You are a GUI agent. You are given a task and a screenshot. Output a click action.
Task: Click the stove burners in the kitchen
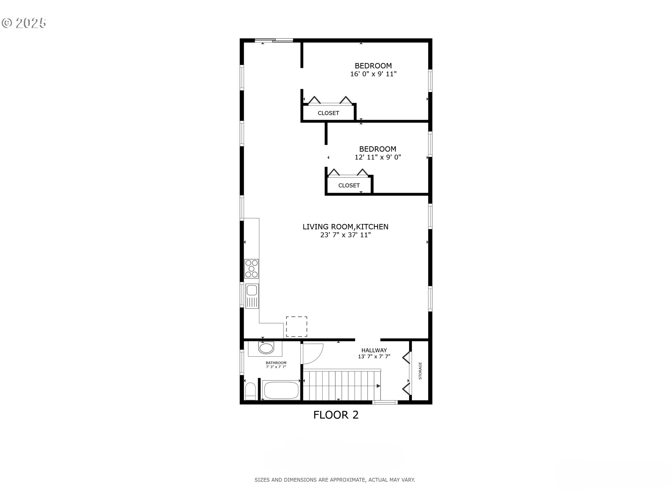[x=251, y=269]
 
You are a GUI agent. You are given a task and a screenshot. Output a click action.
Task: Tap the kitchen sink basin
[x=252, y=290]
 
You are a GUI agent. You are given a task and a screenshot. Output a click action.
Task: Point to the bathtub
[x=281, y=390]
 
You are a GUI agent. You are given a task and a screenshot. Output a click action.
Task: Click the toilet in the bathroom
[x=250, y=391]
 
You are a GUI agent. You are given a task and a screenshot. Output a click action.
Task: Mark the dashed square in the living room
[x=296, y=327]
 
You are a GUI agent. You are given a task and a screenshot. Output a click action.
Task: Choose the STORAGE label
[x=420, y=371]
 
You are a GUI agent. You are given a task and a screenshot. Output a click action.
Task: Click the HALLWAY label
[x=374, y=350]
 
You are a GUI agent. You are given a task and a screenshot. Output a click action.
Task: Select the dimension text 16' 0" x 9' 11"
[x=373, y=74]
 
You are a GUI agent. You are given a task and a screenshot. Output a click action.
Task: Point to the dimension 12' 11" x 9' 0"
[x=378, y=157]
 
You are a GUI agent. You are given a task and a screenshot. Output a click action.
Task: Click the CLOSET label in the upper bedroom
[x=328, y=113]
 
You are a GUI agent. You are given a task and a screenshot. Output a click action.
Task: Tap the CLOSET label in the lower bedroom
[x=349, y=185]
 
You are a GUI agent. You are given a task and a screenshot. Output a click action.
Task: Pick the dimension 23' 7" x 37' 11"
[x=345, y=235]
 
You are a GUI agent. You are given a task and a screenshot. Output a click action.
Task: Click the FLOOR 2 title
[x=336, y=415]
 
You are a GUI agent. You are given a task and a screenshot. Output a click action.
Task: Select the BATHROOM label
[x=276, y=363]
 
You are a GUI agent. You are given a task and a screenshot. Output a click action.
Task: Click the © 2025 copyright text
[x=24, y=23]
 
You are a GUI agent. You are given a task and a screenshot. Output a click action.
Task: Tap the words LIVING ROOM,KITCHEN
[x=345, y=227]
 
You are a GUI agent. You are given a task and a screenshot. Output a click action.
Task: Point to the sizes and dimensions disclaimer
[x=335, y=480]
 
